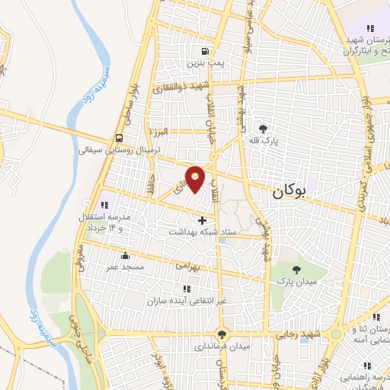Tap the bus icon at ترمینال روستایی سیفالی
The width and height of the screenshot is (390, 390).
[x=120, y=139]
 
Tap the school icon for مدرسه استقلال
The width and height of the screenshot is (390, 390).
[x=105, y=203]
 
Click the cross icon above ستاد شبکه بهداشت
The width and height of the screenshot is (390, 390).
[x=201, y=220]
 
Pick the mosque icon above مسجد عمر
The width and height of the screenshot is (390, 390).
[x=125, y=256]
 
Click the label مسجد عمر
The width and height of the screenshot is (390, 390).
[x=125, y=268]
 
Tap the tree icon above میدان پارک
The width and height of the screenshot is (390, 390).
[x=296, y=268]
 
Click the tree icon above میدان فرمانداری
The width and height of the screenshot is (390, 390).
[x=222, y=334]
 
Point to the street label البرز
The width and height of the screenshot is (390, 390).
[x=179, y=132]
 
